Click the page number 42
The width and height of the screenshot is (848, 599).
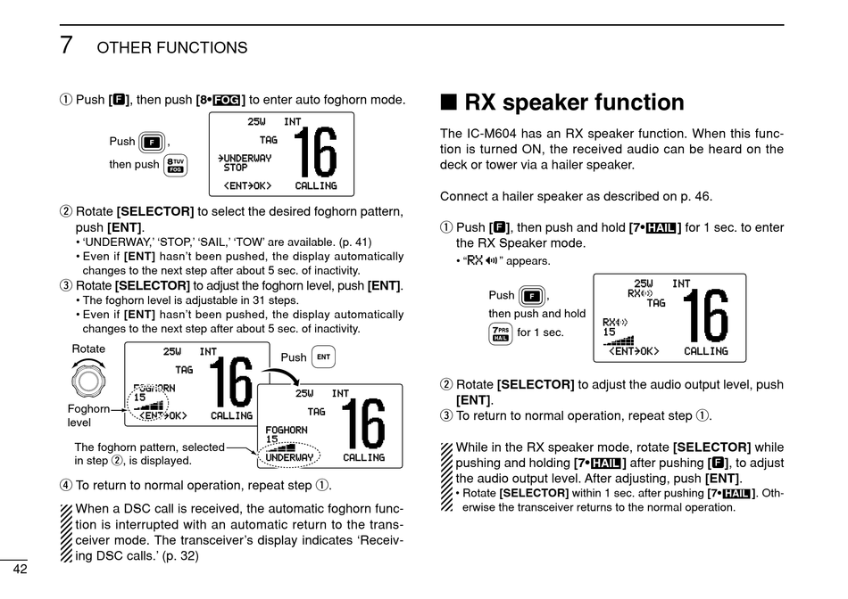click(20, 570)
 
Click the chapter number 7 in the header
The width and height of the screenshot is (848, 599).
click(66, 45)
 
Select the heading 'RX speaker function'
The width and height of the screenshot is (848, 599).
click(575, 103)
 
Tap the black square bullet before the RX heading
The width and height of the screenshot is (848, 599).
click(449, 103)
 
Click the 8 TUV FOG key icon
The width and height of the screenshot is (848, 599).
click(175, 166)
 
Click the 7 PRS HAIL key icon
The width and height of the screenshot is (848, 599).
click(501, 333)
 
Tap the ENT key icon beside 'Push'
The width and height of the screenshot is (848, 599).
click(323, 357)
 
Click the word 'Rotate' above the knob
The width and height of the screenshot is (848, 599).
click(88, 349)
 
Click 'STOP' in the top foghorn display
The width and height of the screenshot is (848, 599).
click(236, 168)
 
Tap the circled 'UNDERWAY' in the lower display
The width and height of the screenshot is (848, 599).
click(290, 457)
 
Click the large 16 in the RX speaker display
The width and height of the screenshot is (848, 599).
click(705, 317)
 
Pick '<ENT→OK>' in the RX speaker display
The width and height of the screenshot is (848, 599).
click(634, 351)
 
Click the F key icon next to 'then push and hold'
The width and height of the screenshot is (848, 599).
click(532, 296)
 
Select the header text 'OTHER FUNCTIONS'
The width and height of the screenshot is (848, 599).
click(172, 48)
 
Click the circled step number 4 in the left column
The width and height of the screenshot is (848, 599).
click(64, 486)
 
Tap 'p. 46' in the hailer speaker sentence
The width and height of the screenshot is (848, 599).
click(694, 197)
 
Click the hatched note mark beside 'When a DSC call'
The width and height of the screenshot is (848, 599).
click(65, 532)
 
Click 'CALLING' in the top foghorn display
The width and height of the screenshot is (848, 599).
click(316, 186)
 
